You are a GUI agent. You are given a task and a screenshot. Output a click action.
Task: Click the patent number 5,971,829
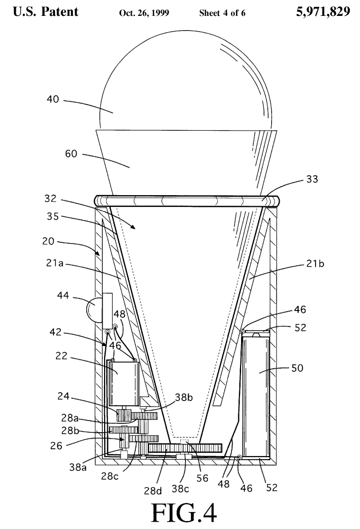click(x=323, y=12)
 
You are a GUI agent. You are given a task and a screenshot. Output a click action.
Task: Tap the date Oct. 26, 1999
click(x=144, y=13)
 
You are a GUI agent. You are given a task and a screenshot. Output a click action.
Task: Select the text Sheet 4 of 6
click(x=222, y=13)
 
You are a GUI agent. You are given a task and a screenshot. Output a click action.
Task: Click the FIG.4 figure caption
click(x=183, y=512)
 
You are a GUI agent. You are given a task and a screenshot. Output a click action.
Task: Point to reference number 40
click(x=52, y=99)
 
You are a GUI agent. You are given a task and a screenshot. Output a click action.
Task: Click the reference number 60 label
click(x=71, y=154)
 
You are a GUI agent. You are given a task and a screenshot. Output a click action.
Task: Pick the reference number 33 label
click(x=312, y=179)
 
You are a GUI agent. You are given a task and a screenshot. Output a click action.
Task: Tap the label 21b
click(x=315, y=263)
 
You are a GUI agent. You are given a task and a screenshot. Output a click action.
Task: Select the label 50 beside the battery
click(x=297, y=368)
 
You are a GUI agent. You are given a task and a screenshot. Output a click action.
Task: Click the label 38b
click(x=184, y=397)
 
